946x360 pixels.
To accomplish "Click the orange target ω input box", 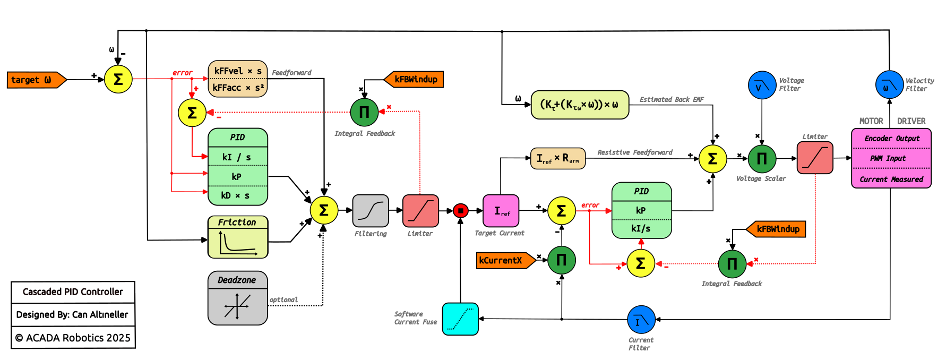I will [35, 80].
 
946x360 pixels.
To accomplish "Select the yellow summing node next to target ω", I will [118, 80].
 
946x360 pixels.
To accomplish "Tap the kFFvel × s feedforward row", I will [237, 71].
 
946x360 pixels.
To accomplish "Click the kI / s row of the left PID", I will [237, 157].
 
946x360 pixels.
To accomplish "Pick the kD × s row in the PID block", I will [237, 195].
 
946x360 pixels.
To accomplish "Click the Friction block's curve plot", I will [237, 243].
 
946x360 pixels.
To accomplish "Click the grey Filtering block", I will [371, 211].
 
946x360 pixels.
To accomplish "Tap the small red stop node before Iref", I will [461, 211].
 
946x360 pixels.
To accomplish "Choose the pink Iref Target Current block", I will [501, 211].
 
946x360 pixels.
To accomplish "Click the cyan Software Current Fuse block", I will [460, 319].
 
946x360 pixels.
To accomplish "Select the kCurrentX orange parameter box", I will [504, 260].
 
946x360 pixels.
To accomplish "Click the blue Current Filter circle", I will [641, 319].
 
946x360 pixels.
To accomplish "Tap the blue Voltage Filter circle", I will [762, 85].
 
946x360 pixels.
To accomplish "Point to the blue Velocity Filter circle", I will [889, 85].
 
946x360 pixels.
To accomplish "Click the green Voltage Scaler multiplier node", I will [762, 158].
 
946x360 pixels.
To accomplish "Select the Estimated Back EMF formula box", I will [580, 105].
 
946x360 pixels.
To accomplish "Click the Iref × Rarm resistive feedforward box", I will [557, 158].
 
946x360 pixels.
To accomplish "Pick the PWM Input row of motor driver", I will [891, 158].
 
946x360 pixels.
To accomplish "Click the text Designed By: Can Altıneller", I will [73, 314].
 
